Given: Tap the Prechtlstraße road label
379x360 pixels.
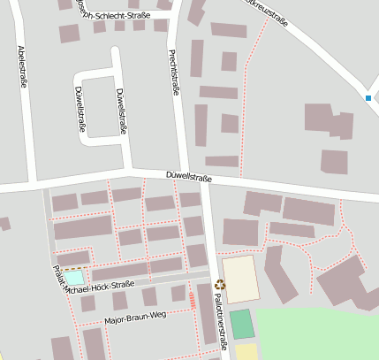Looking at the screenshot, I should (173, 73).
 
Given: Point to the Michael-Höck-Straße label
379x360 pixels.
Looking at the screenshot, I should (98, 285).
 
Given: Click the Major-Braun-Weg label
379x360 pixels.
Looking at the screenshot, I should (135, 317).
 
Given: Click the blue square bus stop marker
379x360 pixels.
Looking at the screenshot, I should (368, 97).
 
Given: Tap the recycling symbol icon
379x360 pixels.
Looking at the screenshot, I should (220, 285).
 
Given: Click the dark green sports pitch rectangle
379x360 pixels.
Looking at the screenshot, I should (242, 324).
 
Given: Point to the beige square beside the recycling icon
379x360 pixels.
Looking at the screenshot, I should (240, 279).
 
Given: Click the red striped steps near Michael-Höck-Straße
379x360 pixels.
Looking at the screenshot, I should (193, 301).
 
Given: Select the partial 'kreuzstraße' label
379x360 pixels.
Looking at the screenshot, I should (266, 13).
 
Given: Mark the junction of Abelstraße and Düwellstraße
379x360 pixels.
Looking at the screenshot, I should (33, 184).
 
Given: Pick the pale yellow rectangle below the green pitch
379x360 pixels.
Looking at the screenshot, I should (246, 351).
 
